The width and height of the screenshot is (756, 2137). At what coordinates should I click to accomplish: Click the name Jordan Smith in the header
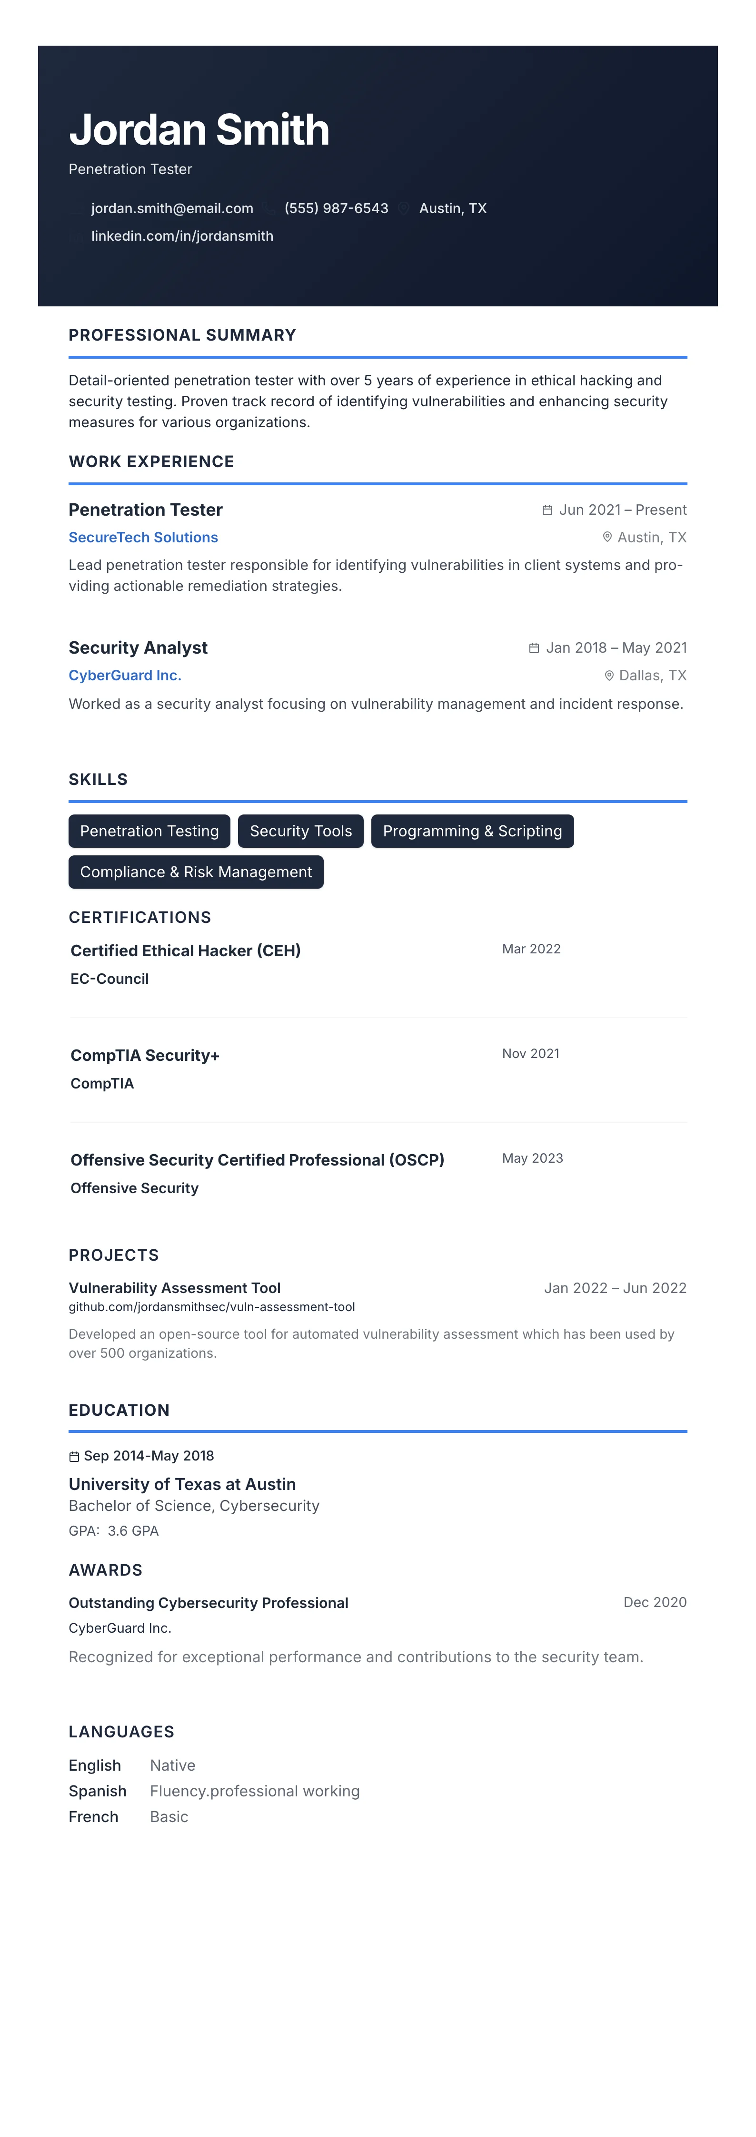(x=199, y=130)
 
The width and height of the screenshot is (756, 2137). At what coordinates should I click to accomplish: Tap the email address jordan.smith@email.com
(x=172, y=208)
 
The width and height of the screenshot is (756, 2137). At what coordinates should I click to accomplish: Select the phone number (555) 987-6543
(x=336, y=208)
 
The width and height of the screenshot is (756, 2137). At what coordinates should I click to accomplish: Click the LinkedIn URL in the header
(x=182, y=235)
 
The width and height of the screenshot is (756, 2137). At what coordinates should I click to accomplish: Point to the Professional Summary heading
(x=182, y=335)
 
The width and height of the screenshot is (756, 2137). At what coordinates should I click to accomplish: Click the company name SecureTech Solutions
(x=143, y=538)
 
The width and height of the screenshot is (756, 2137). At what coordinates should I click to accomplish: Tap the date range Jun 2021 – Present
(x=622, y=510)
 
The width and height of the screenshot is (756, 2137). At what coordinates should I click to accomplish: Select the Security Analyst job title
(x=138, y=648)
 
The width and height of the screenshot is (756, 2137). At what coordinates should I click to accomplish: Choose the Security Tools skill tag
(x=300, y=831)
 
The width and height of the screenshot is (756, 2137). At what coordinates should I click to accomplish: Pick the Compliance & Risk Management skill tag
(x=196, y=872)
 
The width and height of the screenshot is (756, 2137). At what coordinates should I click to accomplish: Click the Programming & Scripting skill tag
(x=472, y=831)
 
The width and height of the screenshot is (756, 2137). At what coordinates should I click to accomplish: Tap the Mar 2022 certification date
(x=531, y=949)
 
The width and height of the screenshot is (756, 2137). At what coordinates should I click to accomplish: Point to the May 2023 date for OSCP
(x=532, y=1158)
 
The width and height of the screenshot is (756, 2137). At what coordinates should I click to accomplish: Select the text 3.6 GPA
(x=133, y=1530)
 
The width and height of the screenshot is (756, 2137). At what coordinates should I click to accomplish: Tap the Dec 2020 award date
(x=655, y=1602)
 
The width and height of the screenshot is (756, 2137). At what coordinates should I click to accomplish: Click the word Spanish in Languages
(x=97, y=1791)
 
